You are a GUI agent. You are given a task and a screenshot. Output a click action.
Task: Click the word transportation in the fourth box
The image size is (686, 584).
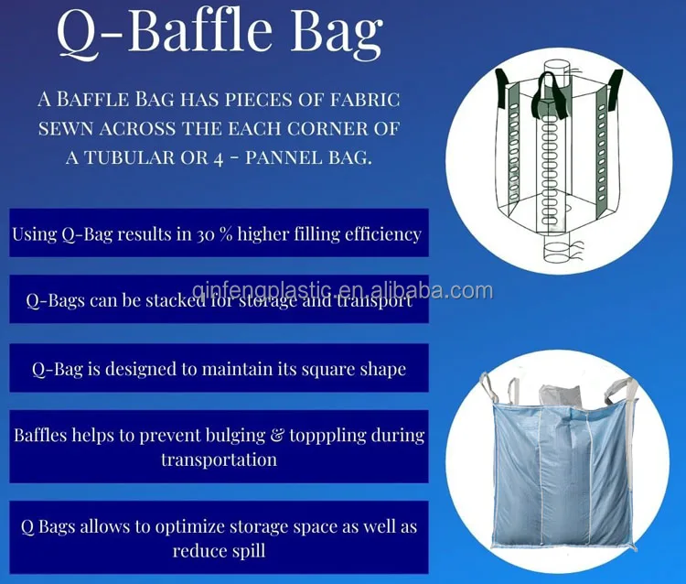[219, 459]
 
